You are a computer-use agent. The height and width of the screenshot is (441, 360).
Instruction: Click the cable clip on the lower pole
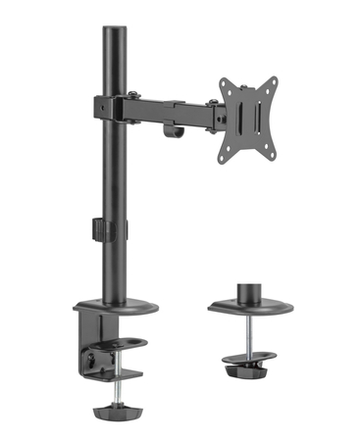point(100,231)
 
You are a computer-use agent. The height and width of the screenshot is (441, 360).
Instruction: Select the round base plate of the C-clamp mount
point(115,306)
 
